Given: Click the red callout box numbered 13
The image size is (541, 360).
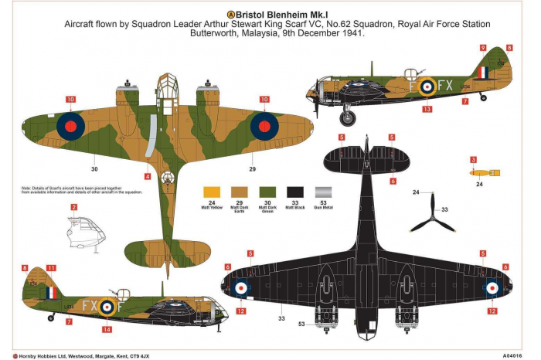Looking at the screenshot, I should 427,110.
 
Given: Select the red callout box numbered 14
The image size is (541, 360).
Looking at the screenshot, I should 107,330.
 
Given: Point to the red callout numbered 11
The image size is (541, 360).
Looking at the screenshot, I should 51,268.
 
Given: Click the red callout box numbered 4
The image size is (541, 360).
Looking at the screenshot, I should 148,176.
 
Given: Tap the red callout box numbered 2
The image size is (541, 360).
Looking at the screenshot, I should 73,207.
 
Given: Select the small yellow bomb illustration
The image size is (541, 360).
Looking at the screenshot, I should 479,174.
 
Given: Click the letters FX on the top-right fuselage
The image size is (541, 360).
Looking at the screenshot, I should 446,85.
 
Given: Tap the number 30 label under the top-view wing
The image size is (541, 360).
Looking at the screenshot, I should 94,168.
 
